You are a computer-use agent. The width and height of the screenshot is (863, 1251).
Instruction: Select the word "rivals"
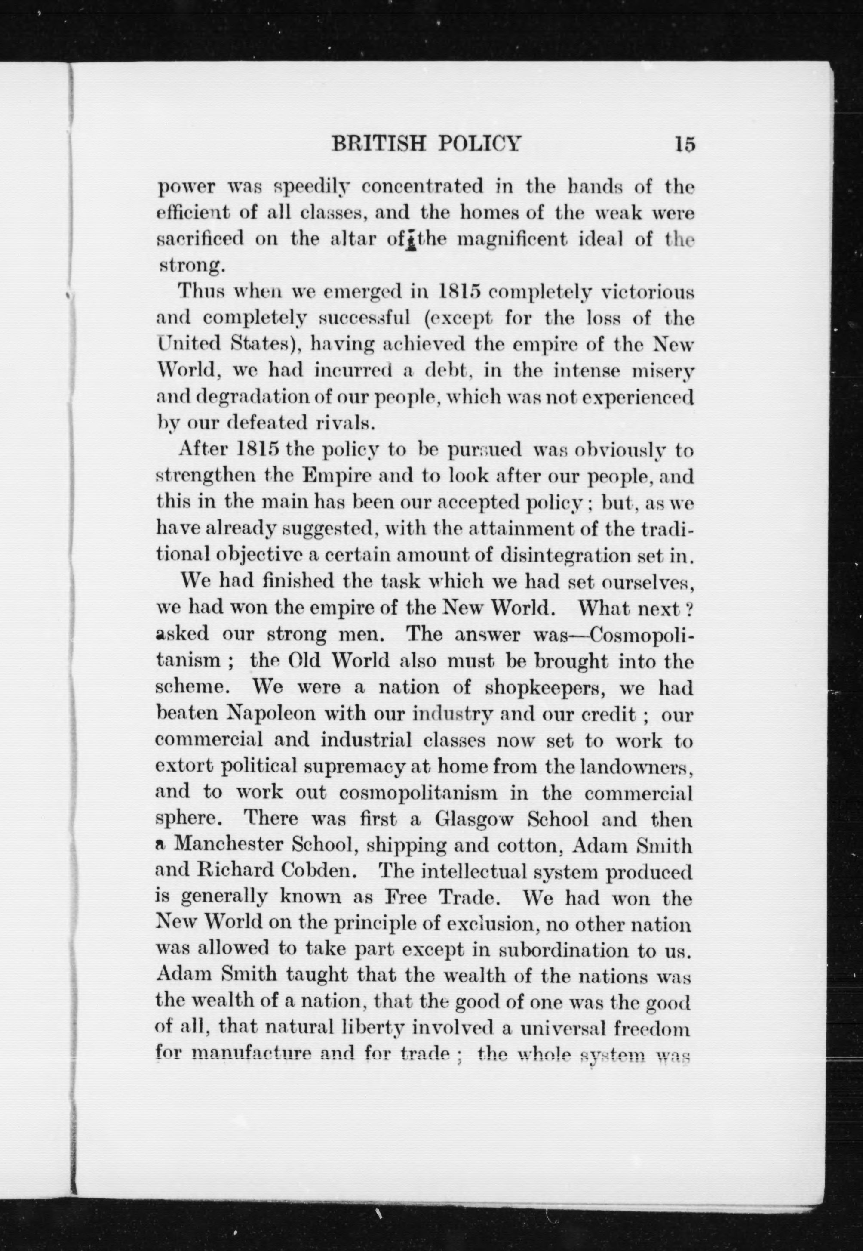345,423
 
